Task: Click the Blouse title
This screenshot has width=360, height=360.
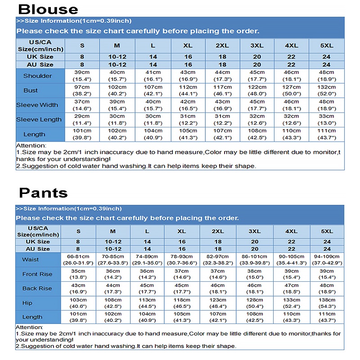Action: tap(49, 9)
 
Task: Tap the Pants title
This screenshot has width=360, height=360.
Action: tap(43, 193)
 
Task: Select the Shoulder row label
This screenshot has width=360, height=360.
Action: tap(37, 76)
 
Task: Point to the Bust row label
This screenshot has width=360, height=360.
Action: tap(31, 90)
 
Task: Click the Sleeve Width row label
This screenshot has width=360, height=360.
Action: tap(37, 105)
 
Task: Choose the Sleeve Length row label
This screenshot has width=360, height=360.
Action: tap(39, 119)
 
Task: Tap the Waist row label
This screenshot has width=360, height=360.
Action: tap(31, 260)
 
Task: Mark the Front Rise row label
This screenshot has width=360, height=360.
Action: tap(37, 274)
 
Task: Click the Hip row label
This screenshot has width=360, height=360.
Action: tap(27, 303)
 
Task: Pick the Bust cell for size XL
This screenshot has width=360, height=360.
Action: tap(188, 90)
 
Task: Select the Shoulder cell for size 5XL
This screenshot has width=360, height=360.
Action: tap(326, 76)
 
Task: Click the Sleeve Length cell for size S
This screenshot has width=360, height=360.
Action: tap(82, 119)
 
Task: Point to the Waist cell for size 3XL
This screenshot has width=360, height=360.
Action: tap(255, 260)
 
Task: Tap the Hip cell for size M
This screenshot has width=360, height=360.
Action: tap(113, 303)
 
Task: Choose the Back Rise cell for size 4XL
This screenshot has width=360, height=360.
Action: tap(291, 288)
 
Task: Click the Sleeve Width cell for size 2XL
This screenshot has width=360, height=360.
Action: tap(222, 105)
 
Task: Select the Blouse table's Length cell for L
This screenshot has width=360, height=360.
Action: tap(153, 134)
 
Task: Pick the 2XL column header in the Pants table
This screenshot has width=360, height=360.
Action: tap(218, 231)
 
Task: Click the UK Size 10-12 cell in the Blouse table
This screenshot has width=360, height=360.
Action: tap(117, 57)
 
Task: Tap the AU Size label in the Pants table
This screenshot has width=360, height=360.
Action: tap(38, 249)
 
